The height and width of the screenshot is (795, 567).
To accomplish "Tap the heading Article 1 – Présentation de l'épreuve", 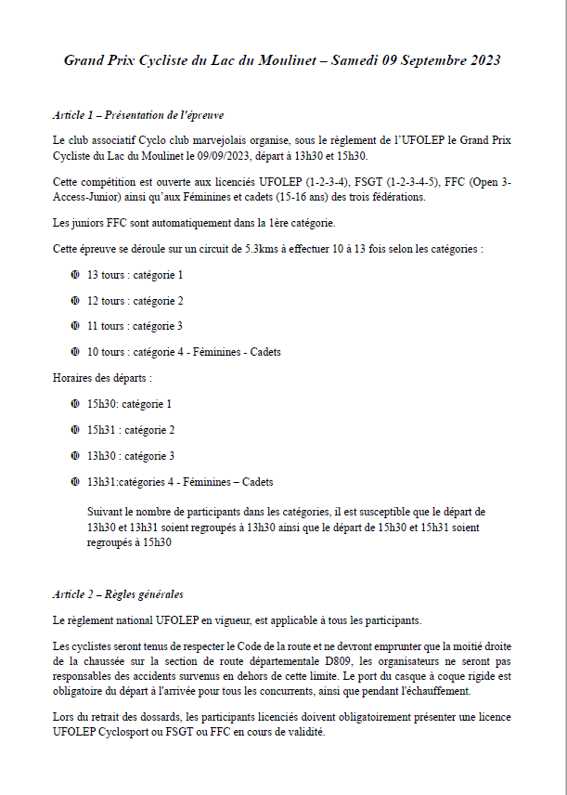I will click(138, 115).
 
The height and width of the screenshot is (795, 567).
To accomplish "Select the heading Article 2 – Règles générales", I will click(118, 593).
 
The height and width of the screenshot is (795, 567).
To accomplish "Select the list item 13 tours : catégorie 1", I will click(135, 275).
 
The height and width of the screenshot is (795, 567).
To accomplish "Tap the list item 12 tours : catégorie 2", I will click(135, 301).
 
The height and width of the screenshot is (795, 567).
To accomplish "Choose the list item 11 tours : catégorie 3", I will click(135, 326).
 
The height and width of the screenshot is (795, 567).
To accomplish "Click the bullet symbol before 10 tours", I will click(74, 352).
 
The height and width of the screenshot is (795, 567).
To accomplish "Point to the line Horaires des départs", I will click(102, 378).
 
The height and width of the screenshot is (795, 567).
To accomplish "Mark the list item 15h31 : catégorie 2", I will click(131, 430).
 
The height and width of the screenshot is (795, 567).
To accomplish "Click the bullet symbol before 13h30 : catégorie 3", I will click(74, 456).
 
